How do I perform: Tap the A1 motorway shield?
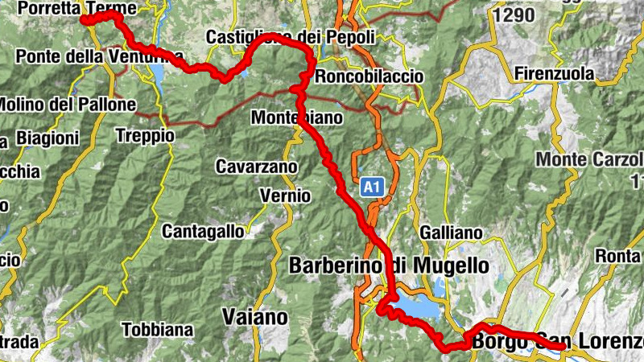coord(370,187)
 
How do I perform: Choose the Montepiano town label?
coord(297,117)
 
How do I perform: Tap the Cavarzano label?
coord(256,167)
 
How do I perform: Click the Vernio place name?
coord(285,195)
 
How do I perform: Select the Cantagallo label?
coord(203,232)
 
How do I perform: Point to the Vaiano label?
coord(254,317)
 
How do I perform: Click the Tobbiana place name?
coord(158,329)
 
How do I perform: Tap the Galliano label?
coord(451,233)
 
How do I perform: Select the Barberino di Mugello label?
coord(388,265)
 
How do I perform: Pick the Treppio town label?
coord(145,136)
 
